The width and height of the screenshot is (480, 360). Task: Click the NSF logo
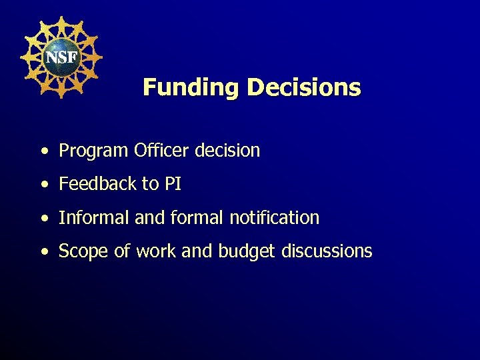(61, 57)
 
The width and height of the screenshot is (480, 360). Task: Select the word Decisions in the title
(304, 87)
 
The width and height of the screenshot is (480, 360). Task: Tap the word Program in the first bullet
(93, 151)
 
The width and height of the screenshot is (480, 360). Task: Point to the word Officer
(162, 151)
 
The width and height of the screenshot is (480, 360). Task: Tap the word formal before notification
(192, 217)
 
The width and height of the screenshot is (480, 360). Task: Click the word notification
(274, 217)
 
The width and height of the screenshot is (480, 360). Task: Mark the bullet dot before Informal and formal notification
(43, 219)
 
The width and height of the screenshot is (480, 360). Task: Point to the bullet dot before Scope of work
(43, 253)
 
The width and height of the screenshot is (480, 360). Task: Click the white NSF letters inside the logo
(61, 57)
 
